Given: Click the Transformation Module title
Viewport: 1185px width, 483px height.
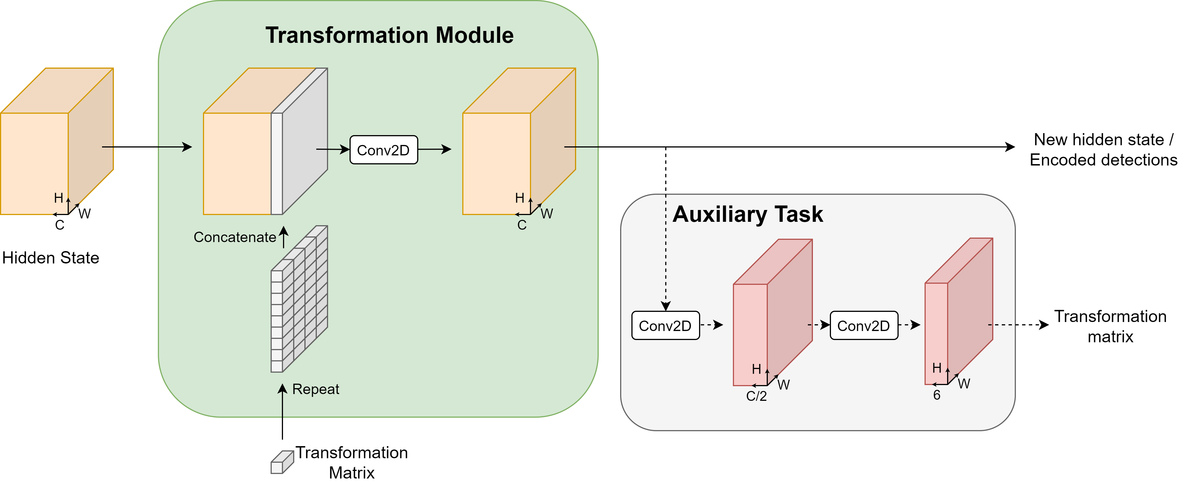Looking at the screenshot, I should pyautogui.click(x=389, y=35).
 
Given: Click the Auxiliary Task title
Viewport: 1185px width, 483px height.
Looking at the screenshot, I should pyautogui.click(x=748, y=214).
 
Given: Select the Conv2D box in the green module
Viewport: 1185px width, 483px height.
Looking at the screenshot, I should pyautogui.click(x=383, y=150).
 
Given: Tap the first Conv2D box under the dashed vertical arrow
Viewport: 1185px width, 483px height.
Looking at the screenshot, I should pyautogui.click(x=665, y=326).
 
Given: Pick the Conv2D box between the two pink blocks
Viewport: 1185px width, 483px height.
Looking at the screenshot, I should pyautogui.click(x=863, y=326).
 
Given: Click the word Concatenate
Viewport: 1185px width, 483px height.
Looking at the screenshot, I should pyautogui.click(x=235, y=237).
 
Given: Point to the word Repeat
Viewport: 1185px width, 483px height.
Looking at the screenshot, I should pyautogui.click(x=316, y=389).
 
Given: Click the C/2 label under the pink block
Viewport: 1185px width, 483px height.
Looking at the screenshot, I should pyautogui.click(x=756, y=396).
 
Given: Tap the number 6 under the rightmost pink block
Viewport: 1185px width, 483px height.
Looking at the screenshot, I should pyautogui.click(x=937, y=395).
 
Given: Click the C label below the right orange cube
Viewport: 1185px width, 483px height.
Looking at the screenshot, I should pyautogui.click(x=522, y=225).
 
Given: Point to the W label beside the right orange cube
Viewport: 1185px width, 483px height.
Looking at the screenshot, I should pyautogui.click(x=547, y=214).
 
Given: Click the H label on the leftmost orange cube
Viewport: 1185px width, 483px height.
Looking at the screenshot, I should pyautogui.click(x=58, y=198).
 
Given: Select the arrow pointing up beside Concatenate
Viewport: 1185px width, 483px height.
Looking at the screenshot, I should pyautogui.click(x=284, y=237).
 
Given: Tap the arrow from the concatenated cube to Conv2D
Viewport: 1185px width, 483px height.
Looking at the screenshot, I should pyautogui.click(x=333, y=149).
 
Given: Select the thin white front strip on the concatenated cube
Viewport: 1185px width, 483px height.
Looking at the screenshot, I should pyautogui.click(x=277, y=164).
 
